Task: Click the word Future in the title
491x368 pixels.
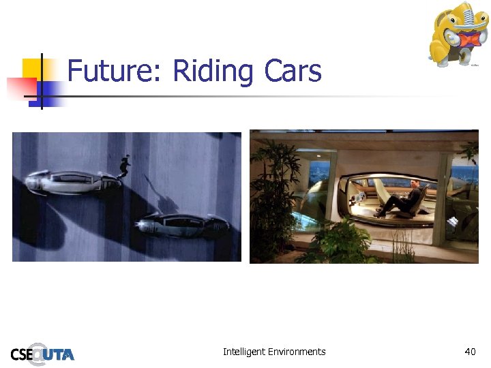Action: [x=113, y=71]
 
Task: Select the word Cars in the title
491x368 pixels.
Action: [x=291, y=71]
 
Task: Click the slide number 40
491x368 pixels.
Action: [x=470, y=352]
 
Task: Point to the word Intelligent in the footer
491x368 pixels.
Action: [x=245, y=352]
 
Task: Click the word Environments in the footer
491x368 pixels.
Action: [x=297, y=352]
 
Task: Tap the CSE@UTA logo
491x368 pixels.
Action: [x=42, y=353]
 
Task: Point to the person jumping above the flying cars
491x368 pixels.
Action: [x=124, y=166]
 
